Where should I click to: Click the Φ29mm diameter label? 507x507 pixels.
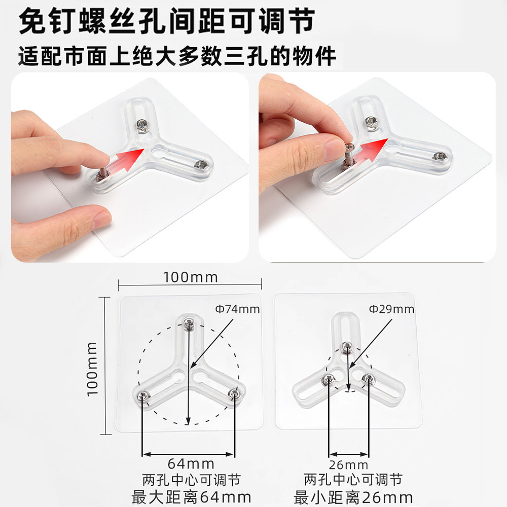(x=391, y=309)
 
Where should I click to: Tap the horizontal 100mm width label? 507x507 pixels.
(x=190, y=278)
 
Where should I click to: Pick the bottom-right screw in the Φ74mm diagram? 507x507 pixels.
(x=234, y=394)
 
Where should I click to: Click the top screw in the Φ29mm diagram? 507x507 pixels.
(x=347, y=347)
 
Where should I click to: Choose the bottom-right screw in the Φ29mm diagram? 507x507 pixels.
(x=368, y=377)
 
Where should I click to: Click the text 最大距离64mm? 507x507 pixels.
(x=191, y=496)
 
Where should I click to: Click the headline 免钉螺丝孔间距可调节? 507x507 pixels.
(x=166, y=21)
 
